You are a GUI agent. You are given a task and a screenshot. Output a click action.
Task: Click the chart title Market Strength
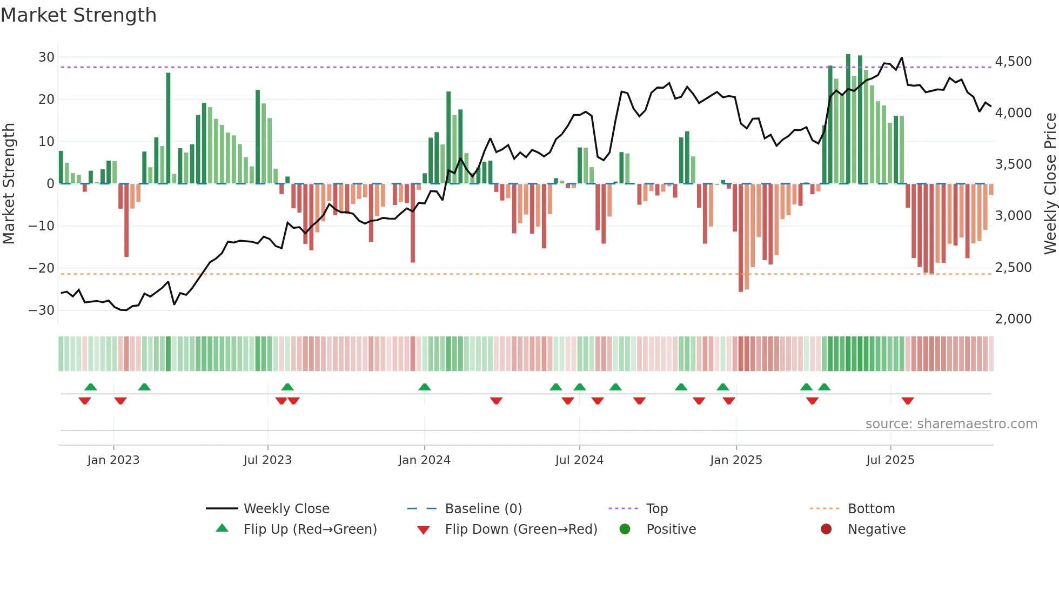click(x=78, y=15)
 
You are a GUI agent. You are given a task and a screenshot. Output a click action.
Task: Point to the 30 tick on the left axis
click(x=46, y=57)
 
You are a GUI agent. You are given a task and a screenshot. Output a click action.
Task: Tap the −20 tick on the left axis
click(x=42, y=268)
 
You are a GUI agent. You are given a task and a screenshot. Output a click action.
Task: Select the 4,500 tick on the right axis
click(x=1013, y=62)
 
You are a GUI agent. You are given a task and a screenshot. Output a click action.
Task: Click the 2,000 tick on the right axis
click(x=1013, y=319)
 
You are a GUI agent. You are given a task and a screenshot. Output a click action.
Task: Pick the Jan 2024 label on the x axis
click(x=424, y=460)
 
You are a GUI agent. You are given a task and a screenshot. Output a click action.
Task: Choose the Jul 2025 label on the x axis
click(x=890, y=460)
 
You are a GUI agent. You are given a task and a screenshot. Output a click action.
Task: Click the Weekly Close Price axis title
click(x=1050, y=184)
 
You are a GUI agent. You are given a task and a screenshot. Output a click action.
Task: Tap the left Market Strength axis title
click(x=9, y=184)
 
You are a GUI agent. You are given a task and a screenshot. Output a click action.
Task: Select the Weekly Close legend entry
click(x=286, y=509)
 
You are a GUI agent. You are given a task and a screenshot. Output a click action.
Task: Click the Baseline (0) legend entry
click(x=483, y=509)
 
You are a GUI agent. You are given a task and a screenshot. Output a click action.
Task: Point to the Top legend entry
click(x=656, y=509)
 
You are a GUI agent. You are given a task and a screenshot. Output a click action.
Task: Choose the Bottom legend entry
click(x=871, y=509)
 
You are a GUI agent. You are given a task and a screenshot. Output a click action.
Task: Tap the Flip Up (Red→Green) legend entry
click(x=310, y=529)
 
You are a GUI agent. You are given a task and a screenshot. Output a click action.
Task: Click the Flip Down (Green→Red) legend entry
click(x=521, y=529)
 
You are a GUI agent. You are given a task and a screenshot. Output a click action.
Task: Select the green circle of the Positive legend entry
click(x=625, y=529)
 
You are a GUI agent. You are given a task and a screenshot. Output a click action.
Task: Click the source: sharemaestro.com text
click(x=951, y=424)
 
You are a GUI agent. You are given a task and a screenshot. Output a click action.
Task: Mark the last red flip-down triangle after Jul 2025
click(x=908, y=401)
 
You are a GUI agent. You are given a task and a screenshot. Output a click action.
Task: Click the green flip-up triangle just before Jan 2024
click(x=425, y=387)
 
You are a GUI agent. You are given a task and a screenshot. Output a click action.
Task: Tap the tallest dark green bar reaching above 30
click(x=848, y=119)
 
